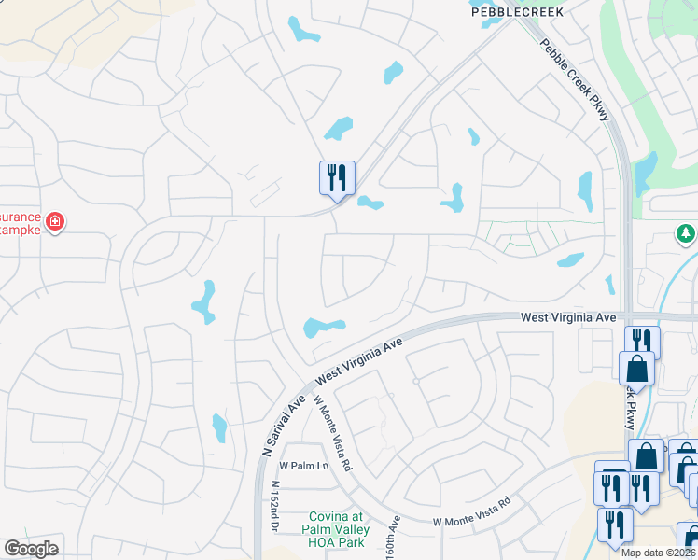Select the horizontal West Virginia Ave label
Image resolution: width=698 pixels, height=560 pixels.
(x=568, y=318)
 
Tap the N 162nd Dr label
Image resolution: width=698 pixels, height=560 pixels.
(x=275, y=506)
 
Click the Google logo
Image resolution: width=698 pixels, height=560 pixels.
(x=31, y=549)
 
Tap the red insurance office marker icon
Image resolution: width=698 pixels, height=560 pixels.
(x=55, y=222)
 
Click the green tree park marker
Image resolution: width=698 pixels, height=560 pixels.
(x=685, y=232)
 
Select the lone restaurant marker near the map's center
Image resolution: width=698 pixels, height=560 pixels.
(x=337, y=176)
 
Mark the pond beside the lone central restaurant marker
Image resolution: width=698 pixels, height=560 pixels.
(x=370, y=203)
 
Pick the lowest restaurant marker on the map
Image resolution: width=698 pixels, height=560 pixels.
(x=615, y=524)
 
